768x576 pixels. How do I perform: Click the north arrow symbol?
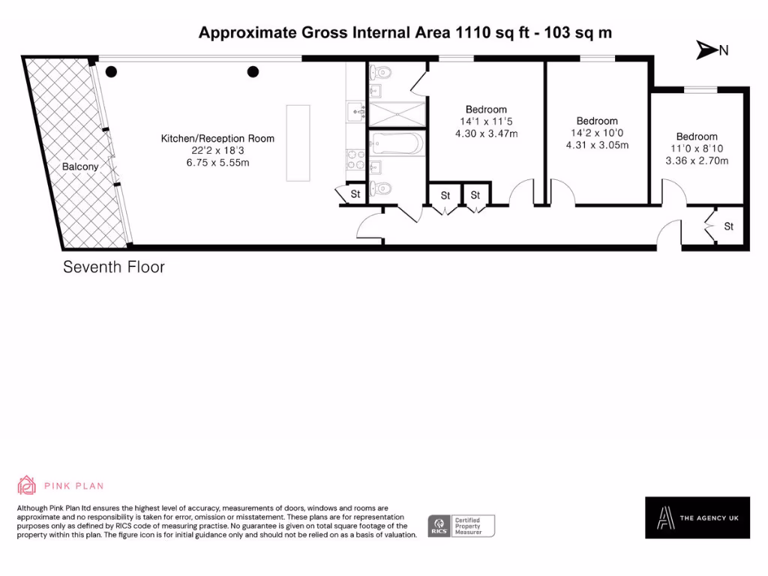(x=706, y=50)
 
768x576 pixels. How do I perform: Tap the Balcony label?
(x=79, y=166)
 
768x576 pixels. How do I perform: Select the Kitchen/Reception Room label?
(x=217, y=138)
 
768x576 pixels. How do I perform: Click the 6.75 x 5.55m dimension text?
(x=217, y=163)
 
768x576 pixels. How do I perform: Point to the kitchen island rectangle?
(x=298, y=142)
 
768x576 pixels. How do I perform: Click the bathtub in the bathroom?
(x=397, y=142)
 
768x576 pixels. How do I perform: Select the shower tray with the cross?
(x=397, y=113)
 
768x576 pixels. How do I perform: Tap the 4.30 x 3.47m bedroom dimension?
(x=486, y=133)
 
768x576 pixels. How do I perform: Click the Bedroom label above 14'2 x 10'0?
(x=597, y=121)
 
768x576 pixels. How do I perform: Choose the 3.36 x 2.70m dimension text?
(x=697, y=160)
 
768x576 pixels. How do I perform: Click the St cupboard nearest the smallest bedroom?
(x=728, y=226)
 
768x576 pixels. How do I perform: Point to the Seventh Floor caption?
(x=113, y=267)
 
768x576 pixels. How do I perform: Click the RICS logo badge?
(x=438, y=526)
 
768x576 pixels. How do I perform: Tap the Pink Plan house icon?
(x=27, y=485)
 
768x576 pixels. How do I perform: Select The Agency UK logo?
(x=697, y=517)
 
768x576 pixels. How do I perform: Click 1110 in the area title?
(x=472, y=32)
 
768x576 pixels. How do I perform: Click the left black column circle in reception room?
(x=111, y=72)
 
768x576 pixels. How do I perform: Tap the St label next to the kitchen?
(x=355, y=194)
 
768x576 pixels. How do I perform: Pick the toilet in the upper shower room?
(x=382, y=72)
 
